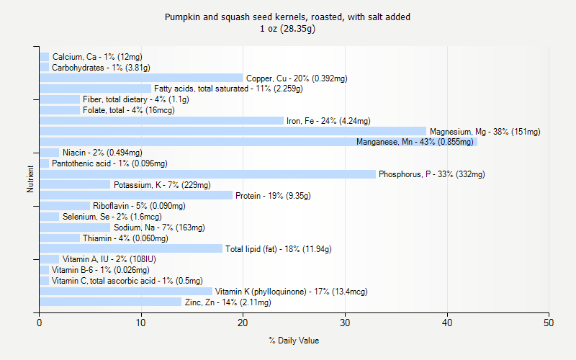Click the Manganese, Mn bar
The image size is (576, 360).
[258, 142]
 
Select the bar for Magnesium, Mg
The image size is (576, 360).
[233, 131]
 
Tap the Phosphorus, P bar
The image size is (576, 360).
[207, 174]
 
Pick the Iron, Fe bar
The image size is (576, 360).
[161, 120]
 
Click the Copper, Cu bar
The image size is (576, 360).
[141, 78]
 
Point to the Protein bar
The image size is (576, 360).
[136, 195]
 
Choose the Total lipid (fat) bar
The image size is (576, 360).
[131, 248]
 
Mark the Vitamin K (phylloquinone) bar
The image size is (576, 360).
[126, 291]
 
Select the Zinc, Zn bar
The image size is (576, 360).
[111, 302]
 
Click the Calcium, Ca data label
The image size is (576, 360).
[97, 57]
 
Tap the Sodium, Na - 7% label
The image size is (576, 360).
[159, 228]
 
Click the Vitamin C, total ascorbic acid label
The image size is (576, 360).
[127, 281]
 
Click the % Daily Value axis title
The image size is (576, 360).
[294, 341]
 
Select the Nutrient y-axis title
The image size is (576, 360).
[30, 179]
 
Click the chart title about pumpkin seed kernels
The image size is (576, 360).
[288, 17]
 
